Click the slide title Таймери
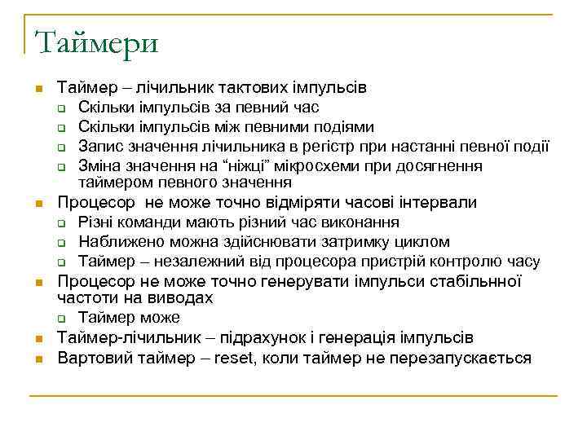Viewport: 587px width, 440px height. (x=96, y=41)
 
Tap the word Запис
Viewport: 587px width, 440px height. (x=100, y=147)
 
